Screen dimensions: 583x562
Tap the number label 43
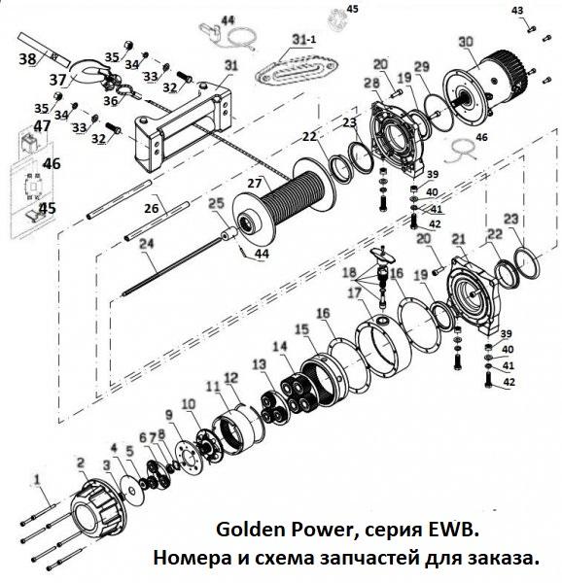coord(517,11)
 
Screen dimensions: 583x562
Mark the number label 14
coord(280,347)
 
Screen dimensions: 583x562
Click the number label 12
coord(230,377)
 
